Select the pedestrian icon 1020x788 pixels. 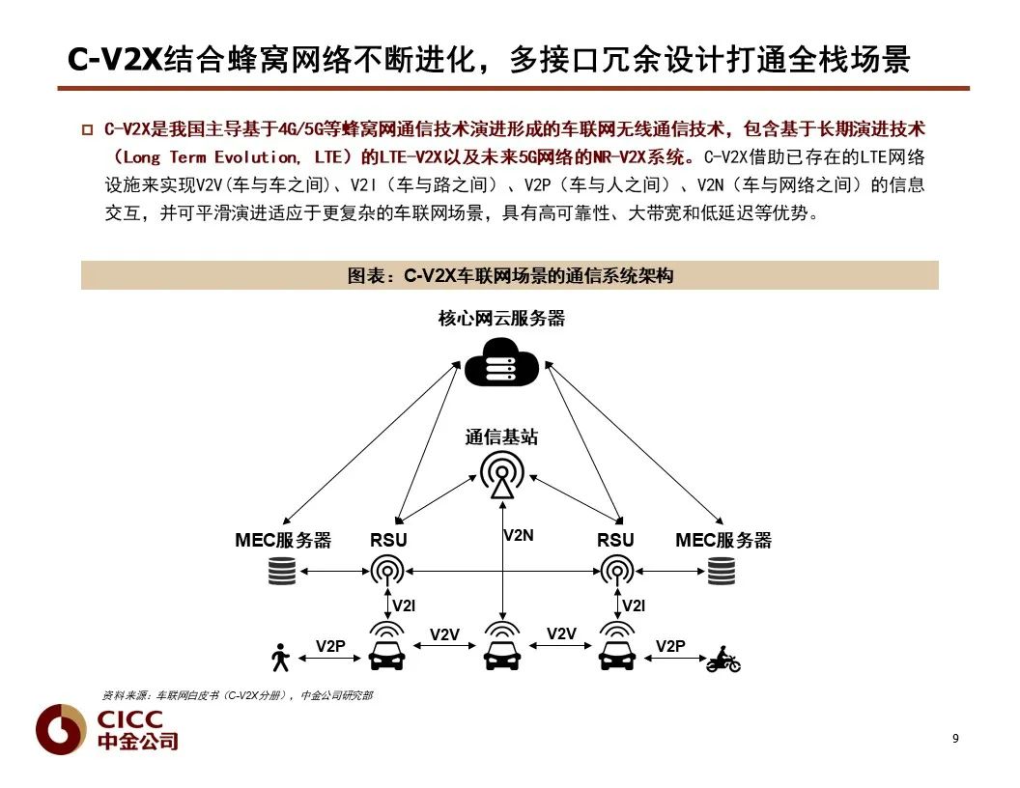281,659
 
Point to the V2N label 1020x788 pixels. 519,535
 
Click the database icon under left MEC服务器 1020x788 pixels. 282,573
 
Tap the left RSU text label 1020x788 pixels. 388,541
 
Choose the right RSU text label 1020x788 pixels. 615,541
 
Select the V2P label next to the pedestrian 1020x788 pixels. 330,646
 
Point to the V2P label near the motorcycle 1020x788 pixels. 670,646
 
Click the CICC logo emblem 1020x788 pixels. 61,728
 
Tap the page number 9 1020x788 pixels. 955,739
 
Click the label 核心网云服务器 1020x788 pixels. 501,319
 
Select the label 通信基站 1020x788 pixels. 501,437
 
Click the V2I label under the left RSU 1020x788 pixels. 404,606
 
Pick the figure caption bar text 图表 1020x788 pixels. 366,276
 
